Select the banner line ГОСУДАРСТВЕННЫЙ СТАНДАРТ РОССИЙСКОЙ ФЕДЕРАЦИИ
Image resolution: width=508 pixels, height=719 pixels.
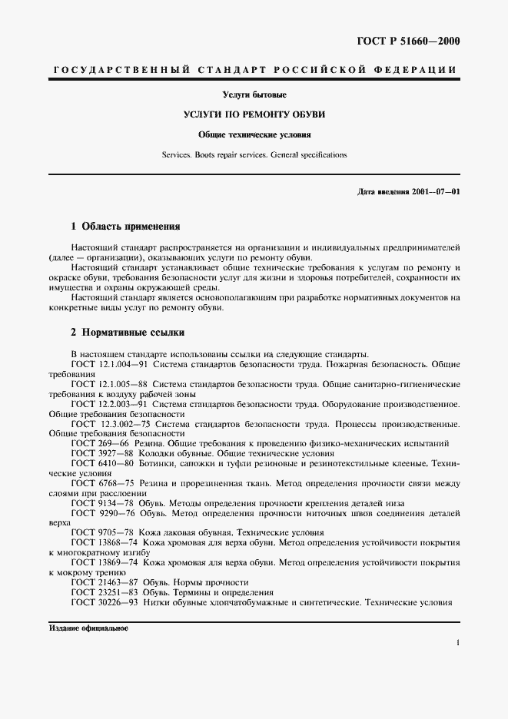[x=254, y=71]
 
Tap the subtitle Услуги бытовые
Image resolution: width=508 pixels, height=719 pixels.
[x=254, y=95]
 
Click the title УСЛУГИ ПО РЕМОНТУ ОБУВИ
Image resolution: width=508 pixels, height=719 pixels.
[x=254, y=114]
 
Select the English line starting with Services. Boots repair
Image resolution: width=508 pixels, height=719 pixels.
[x=254, y=154]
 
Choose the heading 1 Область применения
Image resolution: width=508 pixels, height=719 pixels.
[x=125, y=227]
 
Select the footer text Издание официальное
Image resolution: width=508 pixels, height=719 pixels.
[x=88, y=628]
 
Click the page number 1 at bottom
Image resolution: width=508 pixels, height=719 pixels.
[x=457, y=644]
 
